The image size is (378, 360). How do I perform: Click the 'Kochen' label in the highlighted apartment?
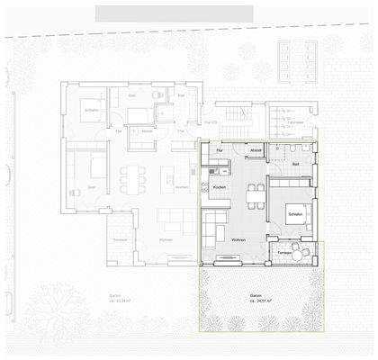tap(219, 187)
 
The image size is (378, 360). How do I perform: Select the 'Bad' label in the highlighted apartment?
tap(296, 165)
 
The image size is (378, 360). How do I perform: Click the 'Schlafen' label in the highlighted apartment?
tap(295, 217)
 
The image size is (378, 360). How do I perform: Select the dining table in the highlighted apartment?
tap(243, 196)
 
